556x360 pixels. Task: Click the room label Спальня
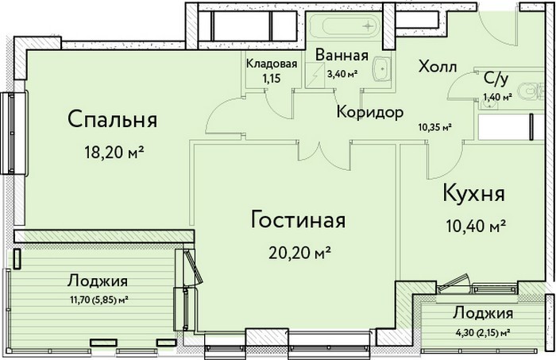(113, 119)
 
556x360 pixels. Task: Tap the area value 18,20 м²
(114, 152)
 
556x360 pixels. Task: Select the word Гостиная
(298, 220)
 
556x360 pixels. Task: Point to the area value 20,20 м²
(299, 252)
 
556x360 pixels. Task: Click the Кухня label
(474, 194)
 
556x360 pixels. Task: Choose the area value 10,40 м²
(474, 226)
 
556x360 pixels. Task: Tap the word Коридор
(370, 112)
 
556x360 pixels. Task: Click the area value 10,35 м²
(434, 126)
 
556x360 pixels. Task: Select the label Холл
(438, 66)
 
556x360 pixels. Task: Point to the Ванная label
(342, 56)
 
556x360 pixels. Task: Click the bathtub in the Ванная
(343, 25)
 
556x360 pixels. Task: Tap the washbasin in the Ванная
(382, 68)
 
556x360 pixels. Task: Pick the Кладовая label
(272, 64)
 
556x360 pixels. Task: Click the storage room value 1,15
(272, 79)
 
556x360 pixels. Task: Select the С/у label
(496, 79)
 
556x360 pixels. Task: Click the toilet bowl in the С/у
(529, 91)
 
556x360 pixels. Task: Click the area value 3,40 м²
(342, 74)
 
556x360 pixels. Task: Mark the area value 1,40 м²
(497, 96)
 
